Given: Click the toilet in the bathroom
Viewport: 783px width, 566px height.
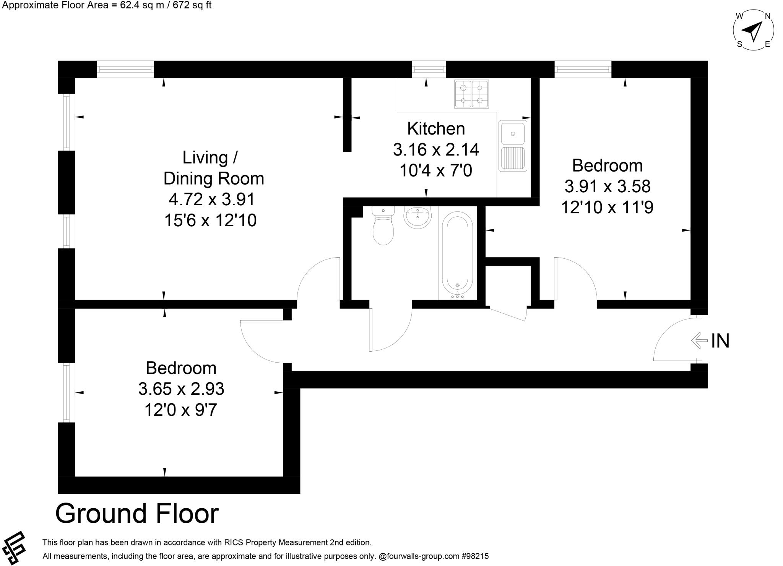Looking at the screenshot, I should pos(383,227).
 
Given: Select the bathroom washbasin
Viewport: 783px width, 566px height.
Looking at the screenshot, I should pos(417,217).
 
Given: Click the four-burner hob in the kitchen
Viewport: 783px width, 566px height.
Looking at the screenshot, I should pos(471,94).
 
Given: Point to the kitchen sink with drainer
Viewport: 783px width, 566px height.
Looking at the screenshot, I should pos(513,146).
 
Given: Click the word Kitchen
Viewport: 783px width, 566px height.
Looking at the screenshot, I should pos(436,129).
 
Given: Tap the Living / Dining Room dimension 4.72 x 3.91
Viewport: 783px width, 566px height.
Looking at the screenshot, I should pos(211,199).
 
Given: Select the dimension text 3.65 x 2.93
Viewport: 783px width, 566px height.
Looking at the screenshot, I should pos(181,389).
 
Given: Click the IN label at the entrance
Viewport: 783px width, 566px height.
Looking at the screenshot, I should pos(720,341).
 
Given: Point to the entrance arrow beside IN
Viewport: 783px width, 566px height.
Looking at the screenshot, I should pos(699,340).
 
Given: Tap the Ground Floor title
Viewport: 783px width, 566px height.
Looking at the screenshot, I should pos(137,514).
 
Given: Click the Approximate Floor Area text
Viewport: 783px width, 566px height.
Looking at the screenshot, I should pos(107,5).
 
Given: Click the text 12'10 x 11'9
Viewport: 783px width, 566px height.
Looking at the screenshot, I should pos(607,208).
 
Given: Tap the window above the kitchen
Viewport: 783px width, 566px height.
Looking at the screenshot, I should pos(429,70).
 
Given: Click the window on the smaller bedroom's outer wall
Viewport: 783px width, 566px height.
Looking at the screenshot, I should pos(67,392).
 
